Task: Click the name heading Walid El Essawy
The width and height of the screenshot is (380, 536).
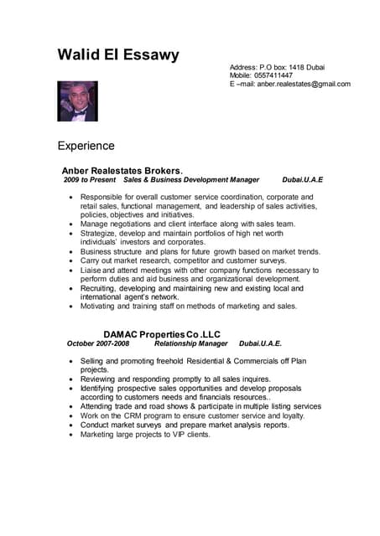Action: coord(118,55)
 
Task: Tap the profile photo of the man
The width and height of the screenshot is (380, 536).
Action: coord(77,101)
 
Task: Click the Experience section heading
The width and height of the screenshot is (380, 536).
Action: coord(86,146)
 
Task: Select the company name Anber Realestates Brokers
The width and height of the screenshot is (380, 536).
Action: coord(122,170)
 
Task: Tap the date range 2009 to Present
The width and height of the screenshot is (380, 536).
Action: coord(90,180)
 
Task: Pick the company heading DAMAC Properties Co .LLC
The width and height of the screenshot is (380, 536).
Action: coord(162,334)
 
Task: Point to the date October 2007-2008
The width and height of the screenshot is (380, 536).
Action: coord(98,343)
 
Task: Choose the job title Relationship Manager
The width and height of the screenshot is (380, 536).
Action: coord(191,343)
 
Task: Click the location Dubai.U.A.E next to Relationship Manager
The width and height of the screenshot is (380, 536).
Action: coord(260,343)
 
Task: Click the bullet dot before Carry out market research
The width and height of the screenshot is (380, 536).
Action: coord(70,261)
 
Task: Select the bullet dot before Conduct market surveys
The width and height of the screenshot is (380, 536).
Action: coord(70,425)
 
